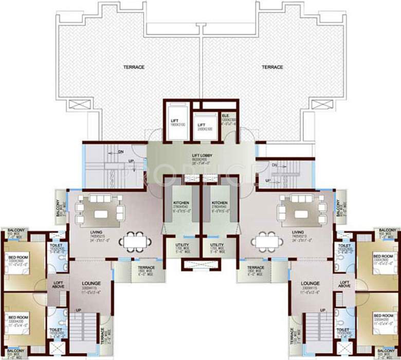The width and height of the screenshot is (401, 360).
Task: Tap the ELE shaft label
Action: tap(225, 116)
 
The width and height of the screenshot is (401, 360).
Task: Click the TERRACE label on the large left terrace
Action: tap(133, 67)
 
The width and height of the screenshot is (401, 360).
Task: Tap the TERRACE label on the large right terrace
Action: tap(272, 67)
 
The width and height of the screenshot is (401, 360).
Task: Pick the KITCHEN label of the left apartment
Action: tap(180, 203)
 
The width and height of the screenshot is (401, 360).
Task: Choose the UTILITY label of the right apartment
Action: tap(217, 245)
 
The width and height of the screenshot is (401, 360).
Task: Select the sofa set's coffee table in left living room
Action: tap(101, 212)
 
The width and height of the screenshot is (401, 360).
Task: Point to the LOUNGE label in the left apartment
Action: tap(90, 283)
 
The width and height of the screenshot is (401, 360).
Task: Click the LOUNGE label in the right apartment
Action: tap(311, 283)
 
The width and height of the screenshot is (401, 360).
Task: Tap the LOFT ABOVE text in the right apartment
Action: tap(344, 283)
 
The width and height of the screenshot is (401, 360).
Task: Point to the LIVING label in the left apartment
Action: tap(96, 232)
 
